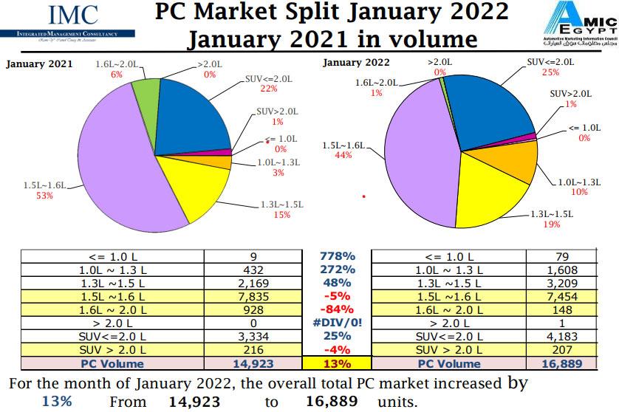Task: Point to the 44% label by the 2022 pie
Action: click(x=342, y=156)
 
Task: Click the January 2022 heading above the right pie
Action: click(x=356, y=63)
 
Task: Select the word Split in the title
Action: click(x=317, y=13)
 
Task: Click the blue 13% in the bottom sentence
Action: click(x=57, y=401)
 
